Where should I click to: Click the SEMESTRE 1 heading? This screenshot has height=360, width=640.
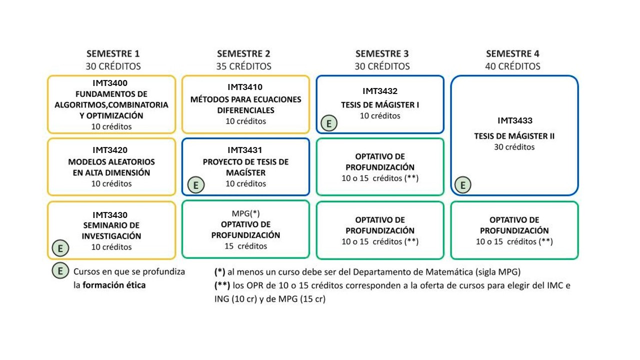pos(113,53)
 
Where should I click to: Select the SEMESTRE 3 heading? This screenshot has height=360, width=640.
pos(382,53)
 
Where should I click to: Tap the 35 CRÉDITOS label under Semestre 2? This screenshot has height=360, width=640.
pos(243,66)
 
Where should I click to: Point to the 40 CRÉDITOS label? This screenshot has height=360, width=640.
pos(512,66)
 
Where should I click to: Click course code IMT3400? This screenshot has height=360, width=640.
pos(110,83)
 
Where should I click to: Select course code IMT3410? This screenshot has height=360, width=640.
pos(245,87)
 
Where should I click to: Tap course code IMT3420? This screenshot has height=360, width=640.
pos(110,150)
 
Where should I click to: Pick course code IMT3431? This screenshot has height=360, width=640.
pos(245,150)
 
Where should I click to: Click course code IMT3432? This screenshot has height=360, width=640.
pos(380,91)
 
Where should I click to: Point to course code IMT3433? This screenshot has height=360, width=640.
pos(515,120)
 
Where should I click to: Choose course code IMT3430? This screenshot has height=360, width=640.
pos(110,215)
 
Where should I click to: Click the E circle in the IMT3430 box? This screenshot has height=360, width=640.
pos(60,248)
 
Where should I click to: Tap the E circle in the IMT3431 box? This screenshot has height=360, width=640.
pos(195,185)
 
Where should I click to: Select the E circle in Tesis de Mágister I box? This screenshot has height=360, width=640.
pos(329,123)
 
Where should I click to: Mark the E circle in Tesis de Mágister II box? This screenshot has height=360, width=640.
pos(463,185)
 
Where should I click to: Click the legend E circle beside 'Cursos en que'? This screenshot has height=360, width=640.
pos(60,270)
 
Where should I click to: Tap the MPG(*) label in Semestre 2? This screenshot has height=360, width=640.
pos(245,213)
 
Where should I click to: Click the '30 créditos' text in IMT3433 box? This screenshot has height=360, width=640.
pos(514,147)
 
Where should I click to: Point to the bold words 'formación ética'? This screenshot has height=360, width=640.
pos(114,285)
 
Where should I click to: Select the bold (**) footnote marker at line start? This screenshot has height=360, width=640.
pos(222,285)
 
